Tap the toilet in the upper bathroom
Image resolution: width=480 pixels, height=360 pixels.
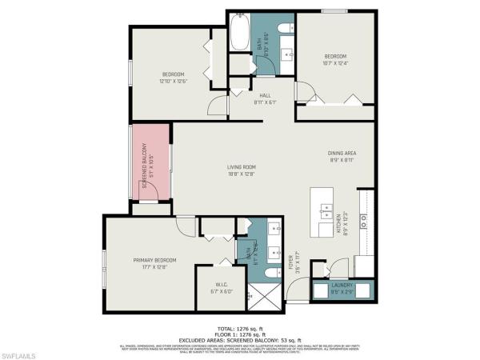click(286, 29)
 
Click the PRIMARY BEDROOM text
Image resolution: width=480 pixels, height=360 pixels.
click(149, 260)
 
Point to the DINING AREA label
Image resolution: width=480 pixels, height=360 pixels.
click(342, 153)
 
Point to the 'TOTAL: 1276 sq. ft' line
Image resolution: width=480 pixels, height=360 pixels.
click(240, 328)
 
